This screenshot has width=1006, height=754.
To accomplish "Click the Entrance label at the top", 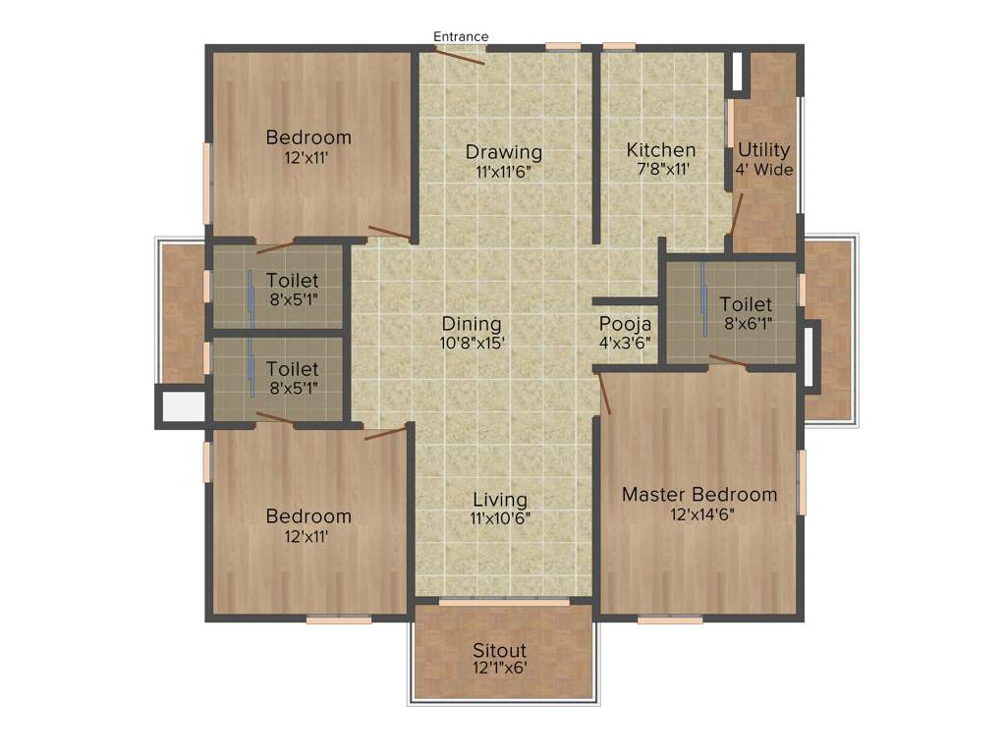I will click(x=461, y=37).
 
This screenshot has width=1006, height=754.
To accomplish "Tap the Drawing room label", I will click(x=503, y=152).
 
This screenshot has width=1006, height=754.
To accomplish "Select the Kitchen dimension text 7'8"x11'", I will click(x=661, y=170).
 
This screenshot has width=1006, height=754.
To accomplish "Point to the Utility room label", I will click(x=763, y=150).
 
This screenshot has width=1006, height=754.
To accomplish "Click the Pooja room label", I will click(x=626, y=324).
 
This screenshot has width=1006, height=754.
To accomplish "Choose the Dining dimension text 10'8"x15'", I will click(x=472, y=344).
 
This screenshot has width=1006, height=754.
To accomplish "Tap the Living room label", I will click(x=499, y=501).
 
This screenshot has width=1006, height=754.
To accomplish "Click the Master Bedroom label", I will click(x=699, y=494).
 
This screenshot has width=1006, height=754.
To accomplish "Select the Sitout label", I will click(x=499, y=650).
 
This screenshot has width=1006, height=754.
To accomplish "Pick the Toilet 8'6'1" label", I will click(x=746, y=304).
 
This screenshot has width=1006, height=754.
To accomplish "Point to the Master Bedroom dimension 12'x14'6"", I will click(x=699, y=513).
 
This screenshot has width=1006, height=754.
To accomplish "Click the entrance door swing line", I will click(x=459, y=55).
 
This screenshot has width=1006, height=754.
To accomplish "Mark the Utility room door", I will click(x=736, y=214).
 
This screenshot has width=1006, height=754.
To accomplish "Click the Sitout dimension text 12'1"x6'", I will click(x=499, y=668).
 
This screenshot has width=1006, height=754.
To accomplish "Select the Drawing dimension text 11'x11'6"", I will click(x=503, y=171).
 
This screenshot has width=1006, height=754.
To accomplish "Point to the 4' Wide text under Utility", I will click(x=763, y=169).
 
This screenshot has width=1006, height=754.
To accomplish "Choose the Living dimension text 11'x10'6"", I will click(x=499, y=519).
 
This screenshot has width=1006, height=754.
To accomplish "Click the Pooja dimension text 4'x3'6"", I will click(x=626, y=344).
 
